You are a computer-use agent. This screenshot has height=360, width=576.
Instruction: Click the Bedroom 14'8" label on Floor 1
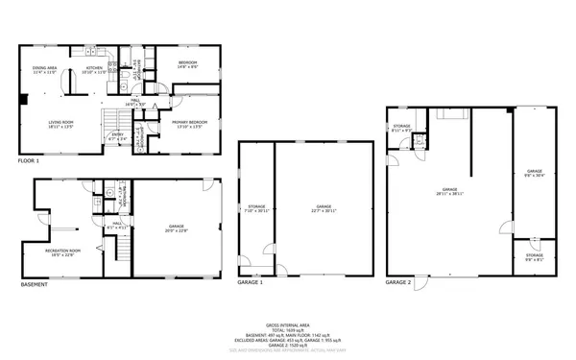point(186,64)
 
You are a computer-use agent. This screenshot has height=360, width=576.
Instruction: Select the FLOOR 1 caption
point(29,160)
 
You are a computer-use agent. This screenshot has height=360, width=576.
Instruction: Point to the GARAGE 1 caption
point(251,284)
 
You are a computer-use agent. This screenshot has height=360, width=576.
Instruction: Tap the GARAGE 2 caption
point(398,283)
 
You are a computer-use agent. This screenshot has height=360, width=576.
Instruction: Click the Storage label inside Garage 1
point(256,207)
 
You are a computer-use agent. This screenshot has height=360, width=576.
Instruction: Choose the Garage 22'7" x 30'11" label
point(324,207)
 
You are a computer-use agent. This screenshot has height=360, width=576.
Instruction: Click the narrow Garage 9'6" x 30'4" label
point(534,176)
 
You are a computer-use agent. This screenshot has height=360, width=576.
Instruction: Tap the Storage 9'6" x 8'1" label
point(534,256)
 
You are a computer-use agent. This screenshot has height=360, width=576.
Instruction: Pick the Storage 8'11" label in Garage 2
point(401,128)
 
